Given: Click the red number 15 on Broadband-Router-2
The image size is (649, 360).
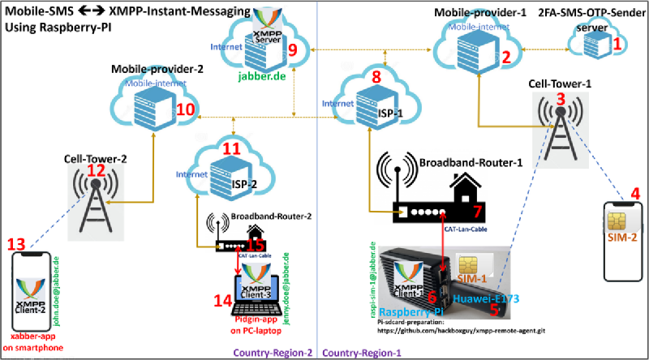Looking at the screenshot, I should pyautogui.click(x=256, y=244).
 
